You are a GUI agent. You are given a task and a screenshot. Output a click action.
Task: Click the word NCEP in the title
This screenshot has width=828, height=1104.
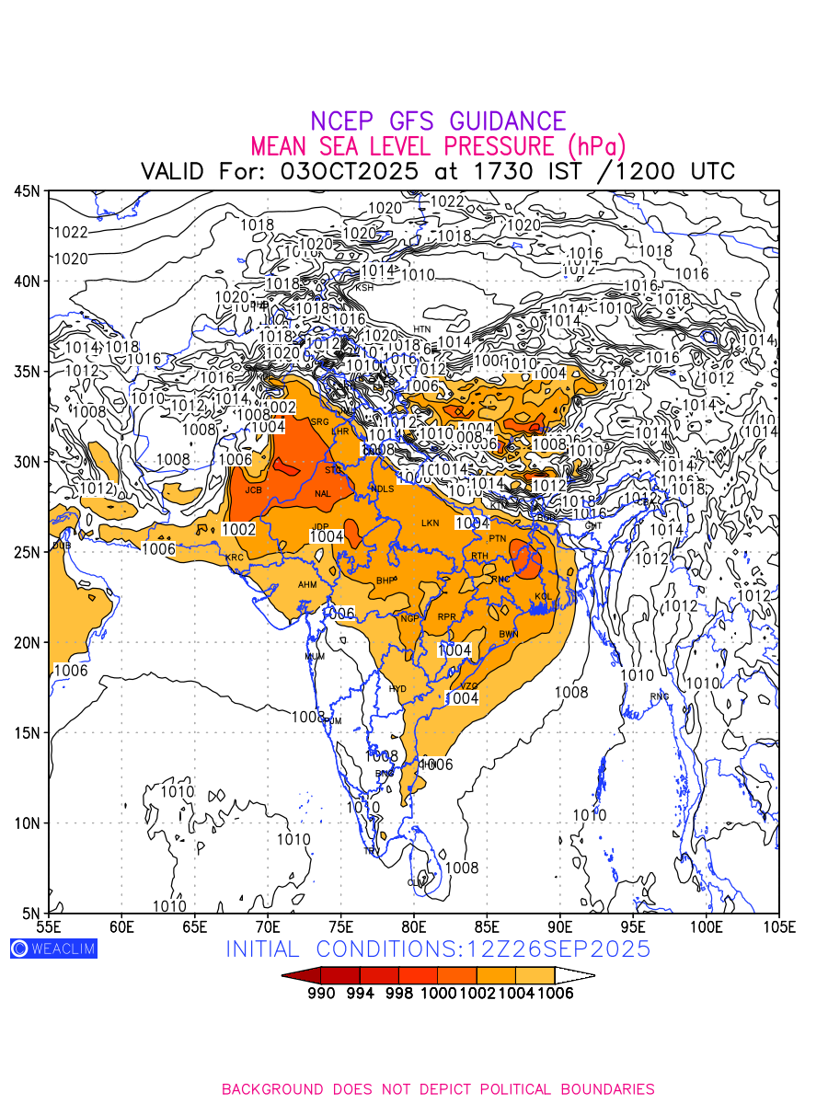pyautogui.click(x=344, y=121)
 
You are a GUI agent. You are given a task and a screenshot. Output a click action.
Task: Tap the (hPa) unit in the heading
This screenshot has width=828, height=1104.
pyautogui.click(x=596, y=145)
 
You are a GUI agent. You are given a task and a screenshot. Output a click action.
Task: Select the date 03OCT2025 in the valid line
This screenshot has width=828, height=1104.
pyautogui.click(x=349, y=171)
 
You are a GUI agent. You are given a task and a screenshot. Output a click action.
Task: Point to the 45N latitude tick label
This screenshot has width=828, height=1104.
pyautogui.click(x=27, y=191)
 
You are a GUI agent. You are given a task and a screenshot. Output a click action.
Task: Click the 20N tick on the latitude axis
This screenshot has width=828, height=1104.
pyautogui.click(x=27, y=642)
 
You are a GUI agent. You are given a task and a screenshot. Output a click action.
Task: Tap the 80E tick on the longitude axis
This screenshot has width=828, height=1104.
pyautogui.click(x=414, y=926)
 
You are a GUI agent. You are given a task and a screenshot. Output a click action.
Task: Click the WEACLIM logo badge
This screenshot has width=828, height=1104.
pyautogui.click(x=53, y=949)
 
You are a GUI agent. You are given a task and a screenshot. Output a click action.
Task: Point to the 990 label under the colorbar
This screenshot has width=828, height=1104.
pyautogui.click(x=321, y=995)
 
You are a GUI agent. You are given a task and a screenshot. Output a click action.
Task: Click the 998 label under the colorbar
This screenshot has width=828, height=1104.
pyautogui.click(x=399, y=995)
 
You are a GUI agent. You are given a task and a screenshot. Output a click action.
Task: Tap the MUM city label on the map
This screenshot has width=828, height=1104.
pyautogui.click(x=315, y=657)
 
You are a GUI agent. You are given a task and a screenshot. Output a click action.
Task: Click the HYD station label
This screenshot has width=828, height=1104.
pyautogui.click(x=397, y=688)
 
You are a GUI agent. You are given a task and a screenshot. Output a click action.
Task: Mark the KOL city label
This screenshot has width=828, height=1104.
pyautogui.click(x=543, y=597)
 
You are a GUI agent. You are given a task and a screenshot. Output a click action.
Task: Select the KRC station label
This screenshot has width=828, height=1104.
pyautogui.click(x=234, y=558)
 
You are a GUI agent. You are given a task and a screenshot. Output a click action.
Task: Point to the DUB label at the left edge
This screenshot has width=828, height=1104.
pyautogui.click(x=61, y=546)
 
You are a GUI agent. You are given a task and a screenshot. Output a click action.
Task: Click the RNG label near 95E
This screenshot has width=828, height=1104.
pyautogui.click(x=660, y=696)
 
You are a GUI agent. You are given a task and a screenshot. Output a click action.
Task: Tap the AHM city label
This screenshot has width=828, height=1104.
pyautogui.click(x=307, y=585)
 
